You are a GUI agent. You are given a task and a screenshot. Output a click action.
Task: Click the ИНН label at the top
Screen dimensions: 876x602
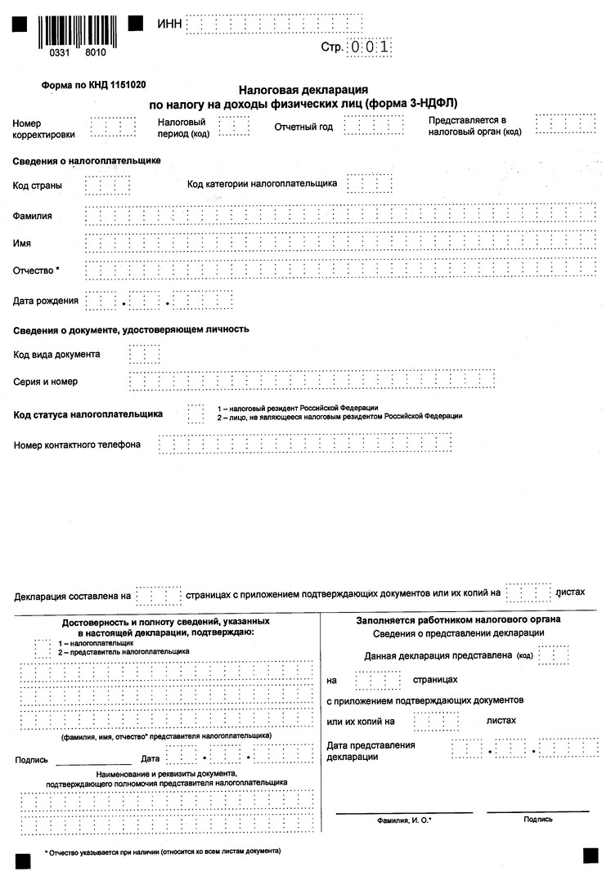(169, 25)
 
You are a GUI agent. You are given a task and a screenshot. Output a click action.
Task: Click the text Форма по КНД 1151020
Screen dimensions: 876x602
(93, 84)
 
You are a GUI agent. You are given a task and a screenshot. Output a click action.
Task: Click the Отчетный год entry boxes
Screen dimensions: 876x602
(373, 125)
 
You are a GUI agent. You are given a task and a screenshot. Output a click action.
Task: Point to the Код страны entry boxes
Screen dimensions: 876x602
(107, 185)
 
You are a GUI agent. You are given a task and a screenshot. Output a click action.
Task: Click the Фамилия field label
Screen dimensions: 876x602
(33, 216)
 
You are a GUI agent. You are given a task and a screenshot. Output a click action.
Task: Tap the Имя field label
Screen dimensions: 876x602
(23, 244)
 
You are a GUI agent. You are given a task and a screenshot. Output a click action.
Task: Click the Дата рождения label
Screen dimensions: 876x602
(46, 301)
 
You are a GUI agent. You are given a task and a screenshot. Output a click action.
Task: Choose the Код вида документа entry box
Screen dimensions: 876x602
(144, 354)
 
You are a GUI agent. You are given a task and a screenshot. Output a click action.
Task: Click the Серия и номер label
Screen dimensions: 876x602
(46, 382)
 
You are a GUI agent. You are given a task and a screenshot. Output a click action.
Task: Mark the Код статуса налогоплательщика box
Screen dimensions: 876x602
(195, 413)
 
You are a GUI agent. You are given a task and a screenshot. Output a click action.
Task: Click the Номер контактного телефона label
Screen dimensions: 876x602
(78, 445)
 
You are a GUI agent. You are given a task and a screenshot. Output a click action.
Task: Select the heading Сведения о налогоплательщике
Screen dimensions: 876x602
(87, 161)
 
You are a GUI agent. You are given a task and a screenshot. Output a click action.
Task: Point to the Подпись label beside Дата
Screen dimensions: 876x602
(31, 759)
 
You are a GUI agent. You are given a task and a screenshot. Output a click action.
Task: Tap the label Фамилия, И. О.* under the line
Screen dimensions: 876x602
(404, 818)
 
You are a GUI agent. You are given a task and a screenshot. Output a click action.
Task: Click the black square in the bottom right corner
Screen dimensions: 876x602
(590, 855)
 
